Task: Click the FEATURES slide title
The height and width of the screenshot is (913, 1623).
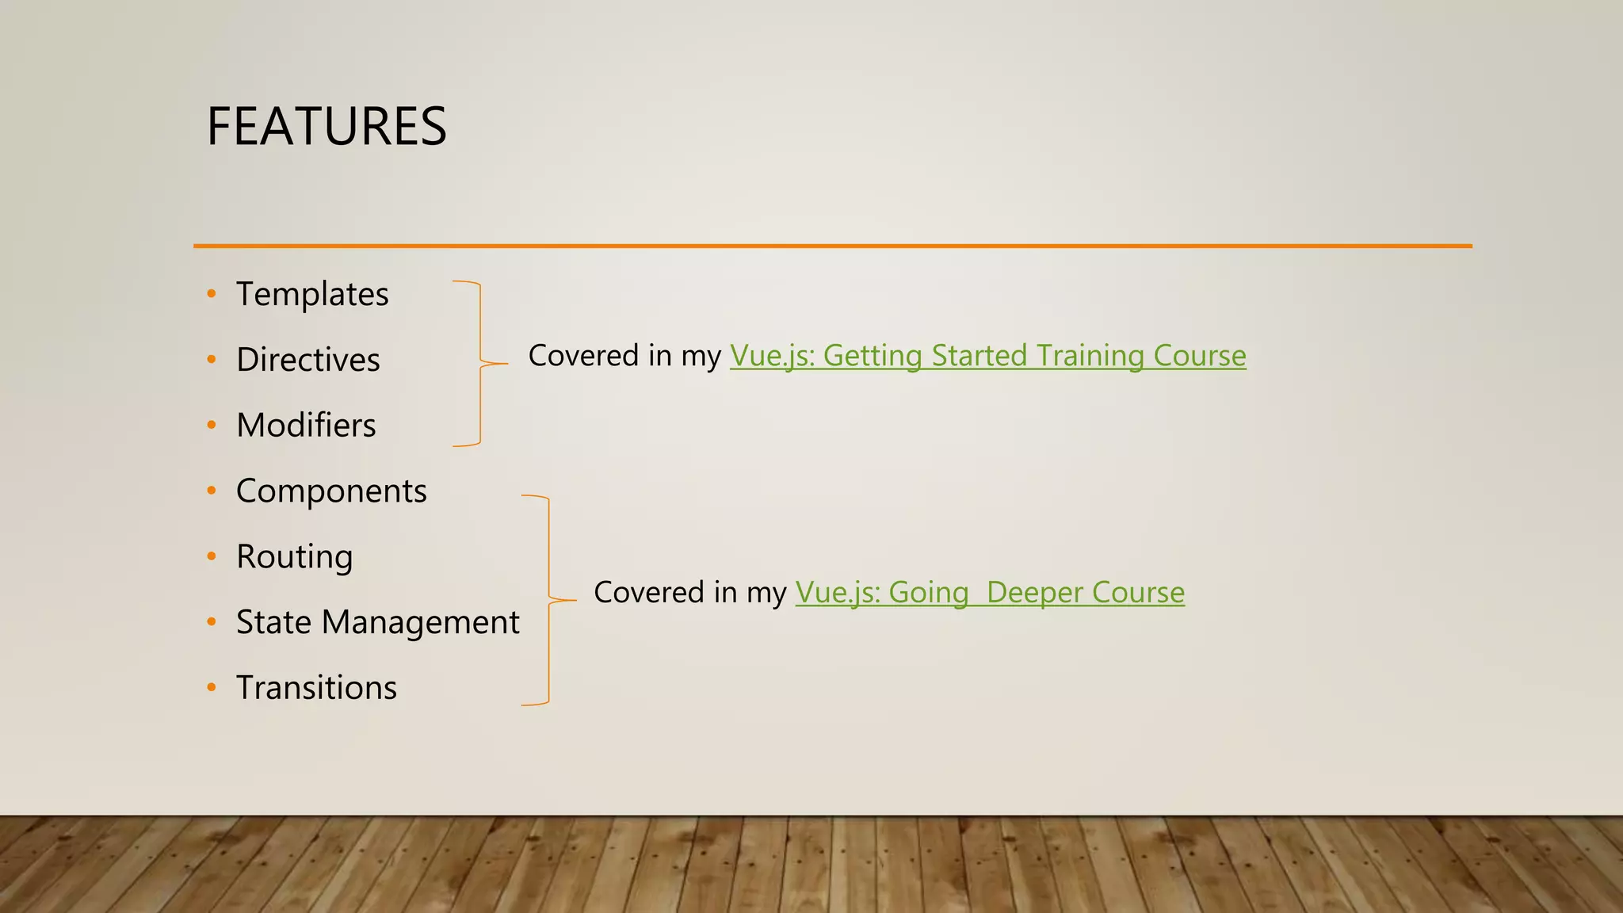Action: (x=327, y=127)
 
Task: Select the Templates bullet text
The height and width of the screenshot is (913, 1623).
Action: (x=312, y=294)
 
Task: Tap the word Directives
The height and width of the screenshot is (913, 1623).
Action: (x=308, y=360)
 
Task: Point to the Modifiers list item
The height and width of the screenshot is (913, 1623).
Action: (x=306, y=426)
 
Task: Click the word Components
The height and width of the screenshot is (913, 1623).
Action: (x=331, y=491)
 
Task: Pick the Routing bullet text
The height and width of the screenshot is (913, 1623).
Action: (x=294, y=557)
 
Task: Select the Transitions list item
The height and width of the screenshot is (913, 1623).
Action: (x=316, y=688)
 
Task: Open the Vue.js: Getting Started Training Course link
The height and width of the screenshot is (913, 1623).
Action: (x=987, y=356)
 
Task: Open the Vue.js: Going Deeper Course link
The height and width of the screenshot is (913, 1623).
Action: (x=990, y=593)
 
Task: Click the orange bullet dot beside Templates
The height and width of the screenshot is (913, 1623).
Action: (x=212, y=294)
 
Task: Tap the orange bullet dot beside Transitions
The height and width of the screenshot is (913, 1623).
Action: (x=212, y=688)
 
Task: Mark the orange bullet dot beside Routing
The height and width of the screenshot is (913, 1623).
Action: (x=212, y=556)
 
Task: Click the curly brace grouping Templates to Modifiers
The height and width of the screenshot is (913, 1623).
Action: (x=480, y=364)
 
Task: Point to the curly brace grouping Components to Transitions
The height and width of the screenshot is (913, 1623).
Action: (x=549, y=600)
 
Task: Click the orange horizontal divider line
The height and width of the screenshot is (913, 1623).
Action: (x=832, y=246)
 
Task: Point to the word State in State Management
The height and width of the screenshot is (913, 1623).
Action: (x=273, y=623)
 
